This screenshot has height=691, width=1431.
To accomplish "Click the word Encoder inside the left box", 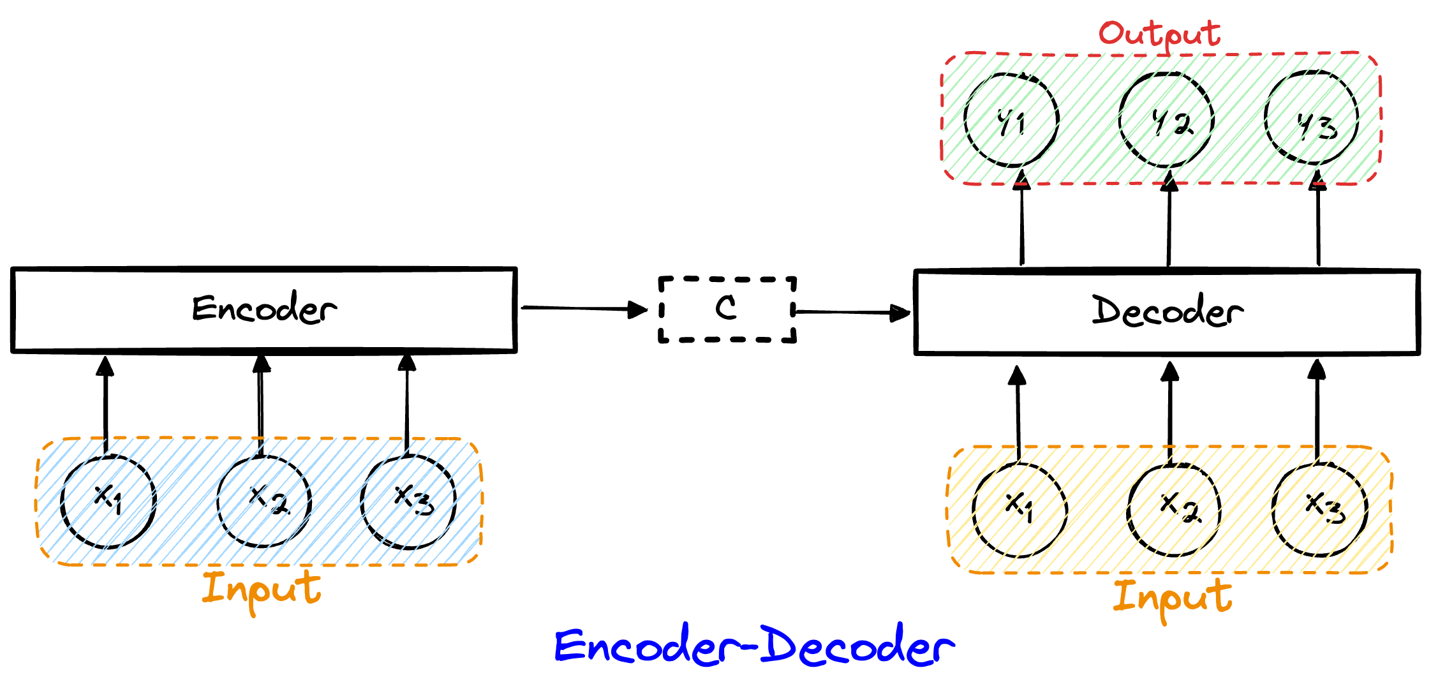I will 264,309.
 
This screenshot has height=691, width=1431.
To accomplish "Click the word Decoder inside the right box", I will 1167,311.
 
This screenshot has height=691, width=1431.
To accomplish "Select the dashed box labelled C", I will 727,309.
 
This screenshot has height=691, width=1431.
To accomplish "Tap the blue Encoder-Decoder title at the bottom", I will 754,646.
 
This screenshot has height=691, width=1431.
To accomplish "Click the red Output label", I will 1159,34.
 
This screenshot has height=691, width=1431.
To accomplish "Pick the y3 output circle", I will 1312,119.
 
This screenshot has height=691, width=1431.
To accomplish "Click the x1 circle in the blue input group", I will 108,502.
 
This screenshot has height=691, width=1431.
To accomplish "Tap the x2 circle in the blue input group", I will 264,502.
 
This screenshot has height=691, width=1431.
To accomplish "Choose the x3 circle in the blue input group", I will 408,502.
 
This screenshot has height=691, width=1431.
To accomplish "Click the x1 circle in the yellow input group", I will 1019,509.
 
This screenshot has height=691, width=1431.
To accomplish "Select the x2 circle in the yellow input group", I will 1174,509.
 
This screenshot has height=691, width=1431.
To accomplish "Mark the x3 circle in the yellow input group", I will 1319,509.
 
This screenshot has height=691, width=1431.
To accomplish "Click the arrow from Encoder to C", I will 584,309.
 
